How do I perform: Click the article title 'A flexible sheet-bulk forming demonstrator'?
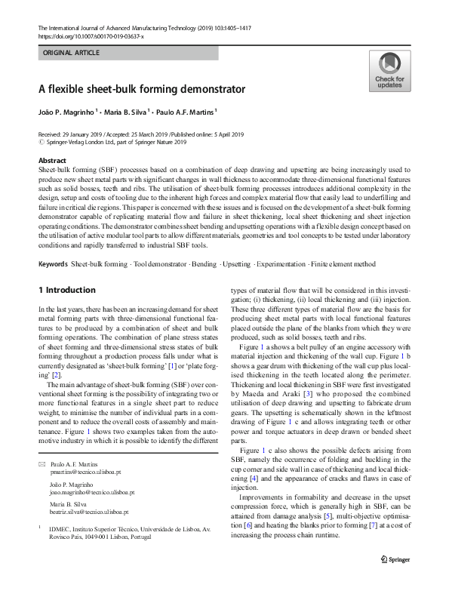142,89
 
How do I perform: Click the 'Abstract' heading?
51,162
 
